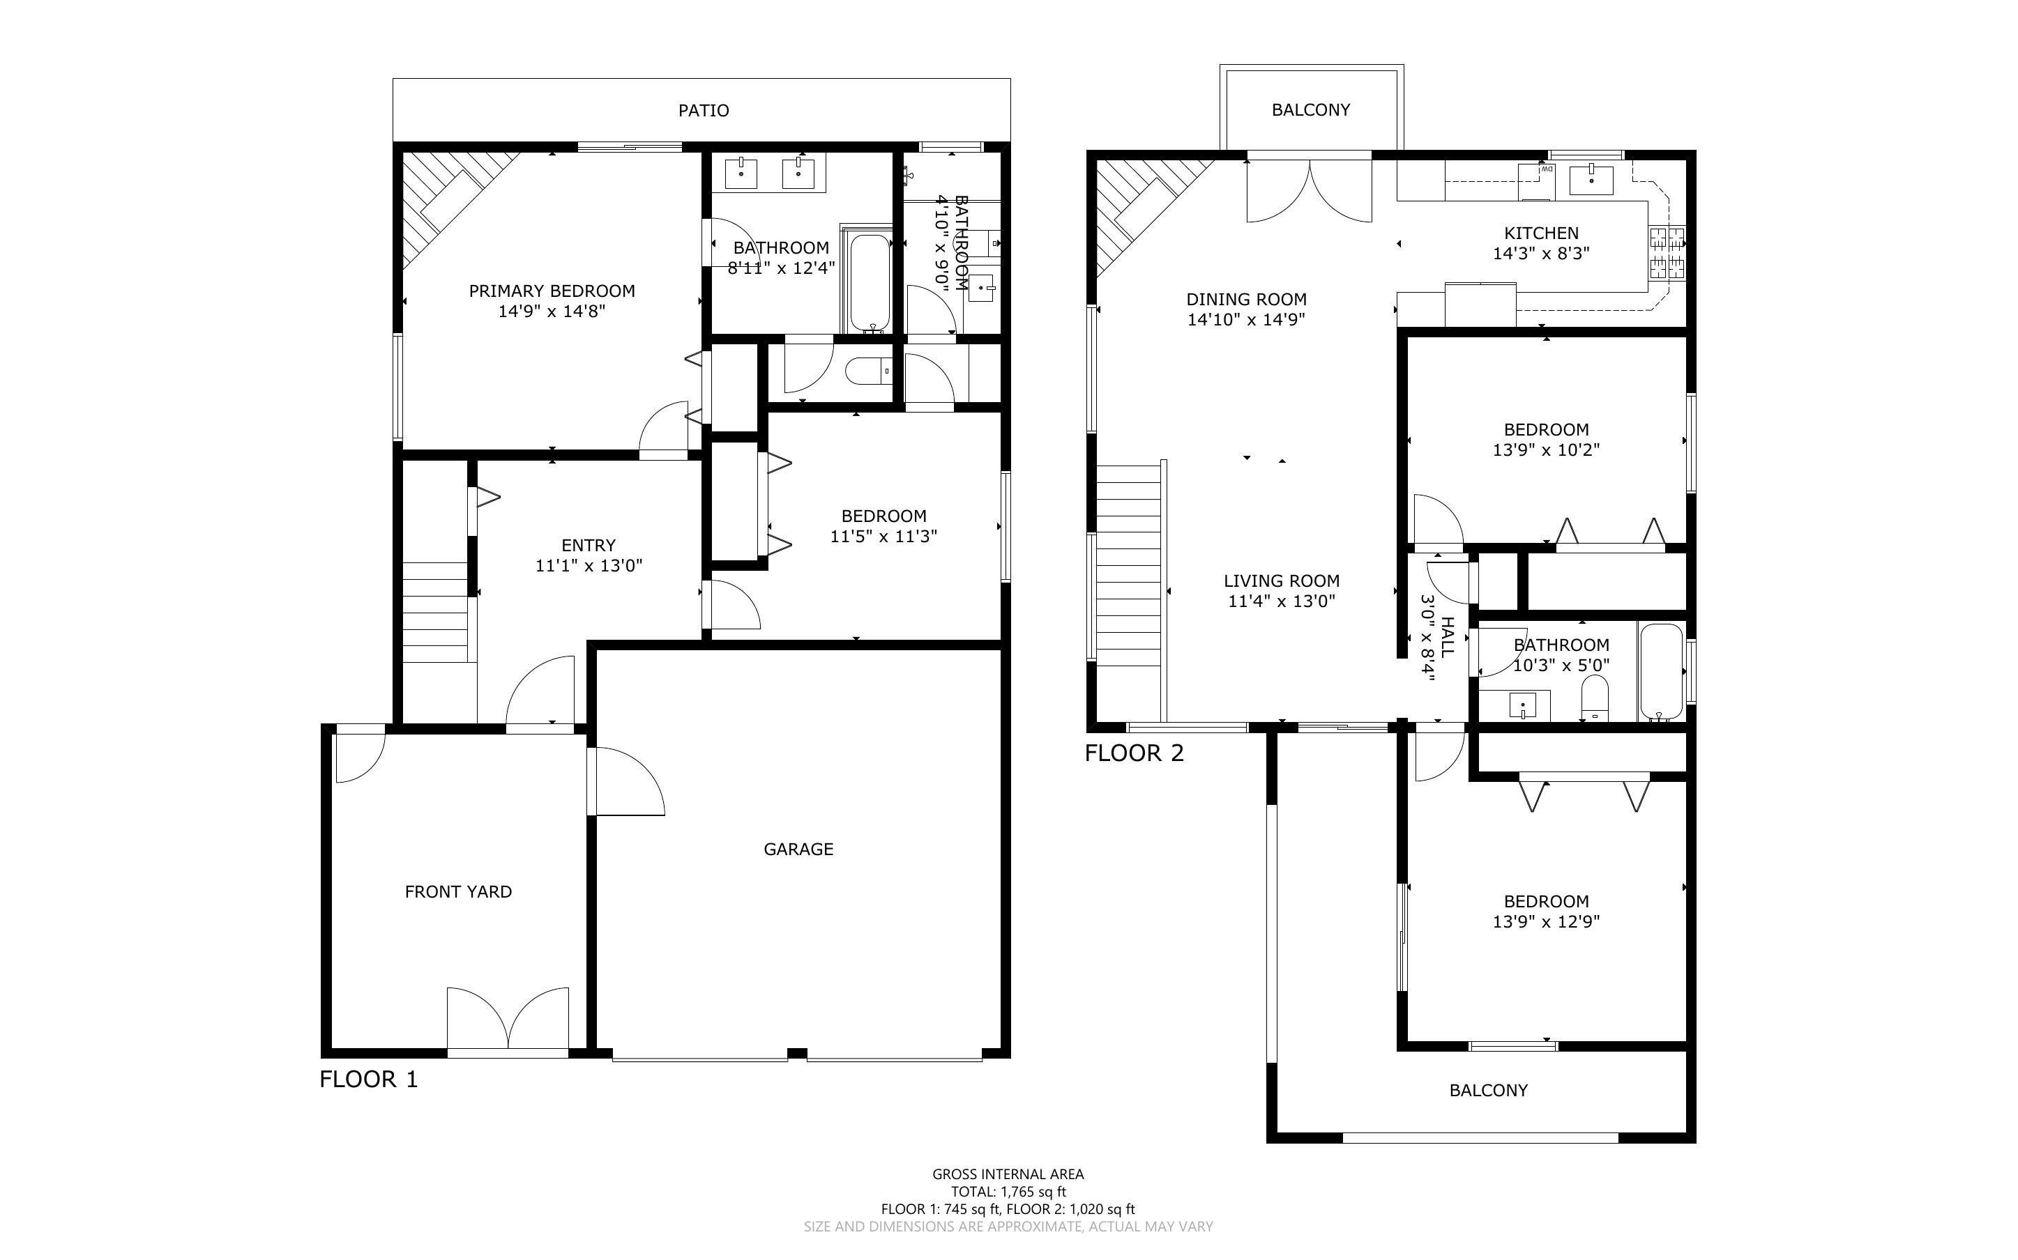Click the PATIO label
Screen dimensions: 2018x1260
pos(704,110)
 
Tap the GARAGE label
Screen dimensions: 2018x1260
pos(798,849)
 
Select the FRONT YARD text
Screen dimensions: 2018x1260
pos(458,891)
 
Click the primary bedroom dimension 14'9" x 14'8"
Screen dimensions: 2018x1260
pos(552,312)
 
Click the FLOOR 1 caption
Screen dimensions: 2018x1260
pos(368,1080)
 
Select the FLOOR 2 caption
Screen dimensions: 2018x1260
pos(1134,753)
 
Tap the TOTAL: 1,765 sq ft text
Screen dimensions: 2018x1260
pos(1008,1192)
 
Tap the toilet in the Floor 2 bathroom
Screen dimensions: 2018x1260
pos(1595,698)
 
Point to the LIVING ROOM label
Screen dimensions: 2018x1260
pos(1282,581)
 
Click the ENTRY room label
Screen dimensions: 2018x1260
pos(589,546)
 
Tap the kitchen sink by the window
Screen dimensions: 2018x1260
pos(1591,180)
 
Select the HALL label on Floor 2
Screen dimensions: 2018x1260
pos(1448,637)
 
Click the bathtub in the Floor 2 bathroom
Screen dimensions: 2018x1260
pos(1660,672)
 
